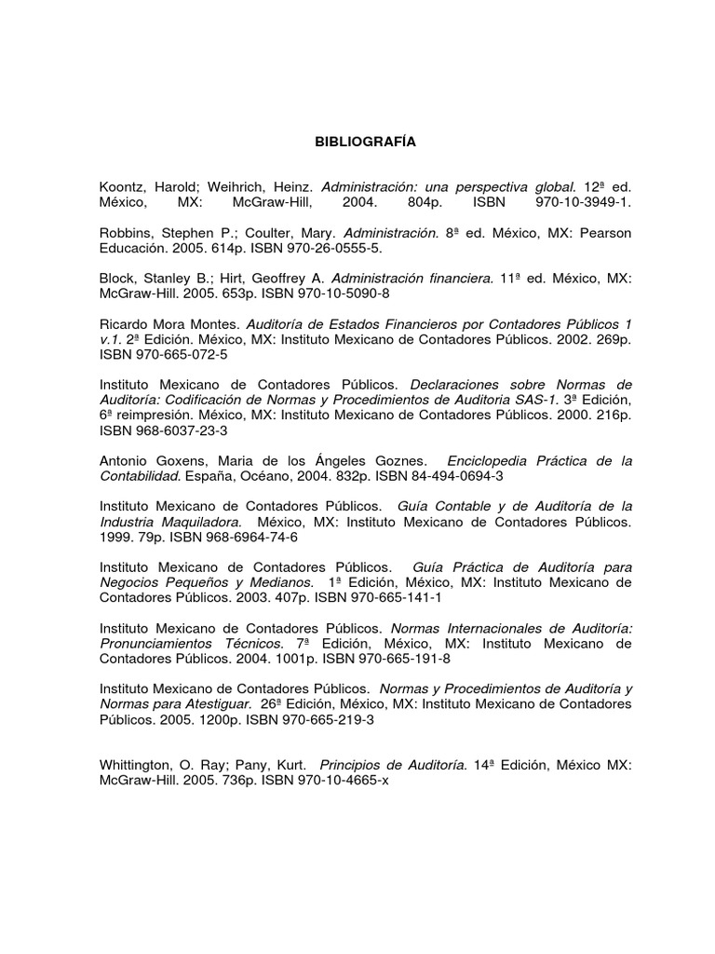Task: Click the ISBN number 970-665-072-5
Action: click(x=178, y=354)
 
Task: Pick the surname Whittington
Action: click(x=141, y=765)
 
